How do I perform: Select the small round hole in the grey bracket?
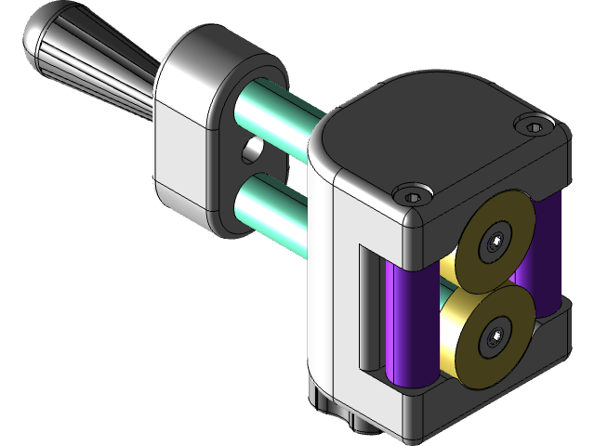point(251,149)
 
